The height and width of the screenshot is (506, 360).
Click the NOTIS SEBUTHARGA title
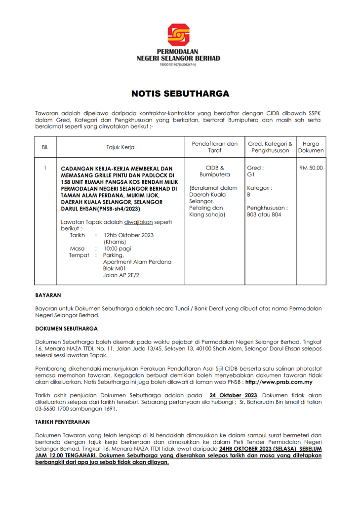[x=180, y=94]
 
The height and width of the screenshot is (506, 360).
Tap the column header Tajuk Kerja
[x=120, y=147]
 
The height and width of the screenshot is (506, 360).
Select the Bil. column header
[x=45, y=147]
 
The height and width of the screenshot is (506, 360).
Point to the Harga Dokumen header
[x=311, y=147]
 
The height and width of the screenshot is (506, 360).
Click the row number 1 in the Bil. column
[x=45, y=168]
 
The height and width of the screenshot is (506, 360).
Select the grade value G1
[x=250, y=175]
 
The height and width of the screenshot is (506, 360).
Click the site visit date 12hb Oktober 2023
[x=122, y=235]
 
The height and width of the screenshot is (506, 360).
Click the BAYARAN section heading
[x=48, y=295]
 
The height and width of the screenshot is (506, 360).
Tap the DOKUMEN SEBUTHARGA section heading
[x=66, y=328]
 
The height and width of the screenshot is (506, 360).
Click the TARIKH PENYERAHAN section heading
[x=62, y=422]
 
